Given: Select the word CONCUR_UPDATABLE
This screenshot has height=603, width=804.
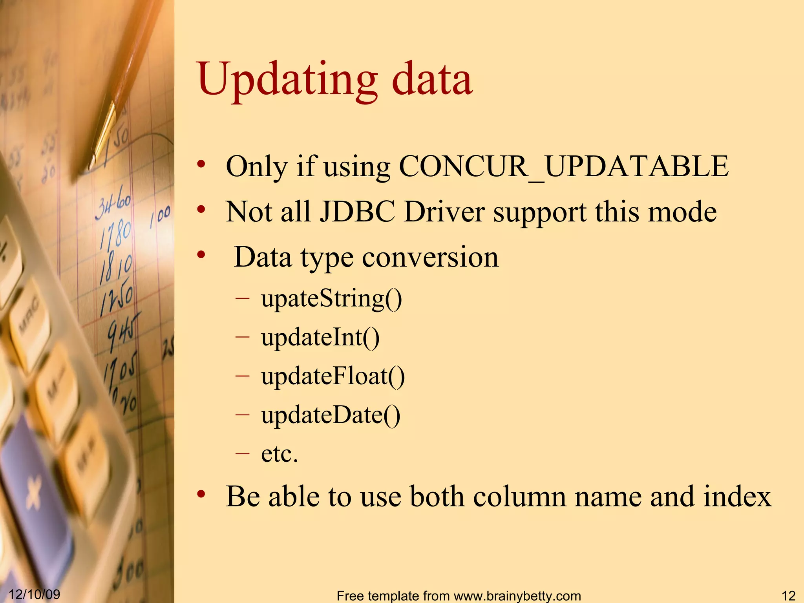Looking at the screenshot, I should [x=563, y=166].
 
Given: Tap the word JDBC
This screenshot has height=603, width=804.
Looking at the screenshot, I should [x=357, y=212].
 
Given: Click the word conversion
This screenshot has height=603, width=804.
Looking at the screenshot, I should [x=430, y=258].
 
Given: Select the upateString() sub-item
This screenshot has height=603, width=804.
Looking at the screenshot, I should [x=331, y=299].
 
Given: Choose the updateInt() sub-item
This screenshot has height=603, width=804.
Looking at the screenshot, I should [x=320, y=337].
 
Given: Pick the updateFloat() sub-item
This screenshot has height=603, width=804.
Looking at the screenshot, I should [x=333, y=376].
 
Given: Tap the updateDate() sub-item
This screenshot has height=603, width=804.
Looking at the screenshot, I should [x=331, y=415].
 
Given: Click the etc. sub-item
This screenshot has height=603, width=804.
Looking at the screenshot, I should [x=280, y=454].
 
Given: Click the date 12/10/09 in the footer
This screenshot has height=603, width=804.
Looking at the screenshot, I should [x=35, y=594].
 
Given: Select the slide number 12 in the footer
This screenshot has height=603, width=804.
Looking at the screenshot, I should [x=788, y=596].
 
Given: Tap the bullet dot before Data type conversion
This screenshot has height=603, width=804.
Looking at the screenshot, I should [x=201, y=255].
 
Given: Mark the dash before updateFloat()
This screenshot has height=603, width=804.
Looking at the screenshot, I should [x=243, y=376].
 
